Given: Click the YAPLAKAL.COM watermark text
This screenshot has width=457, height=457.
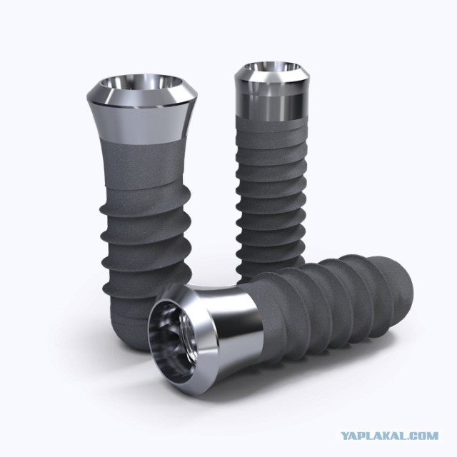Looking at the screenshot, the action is click(x=389, y=436).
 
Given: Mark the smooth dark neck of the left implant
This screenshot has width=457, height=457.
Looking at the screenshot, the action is click(x=142, y=164).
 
